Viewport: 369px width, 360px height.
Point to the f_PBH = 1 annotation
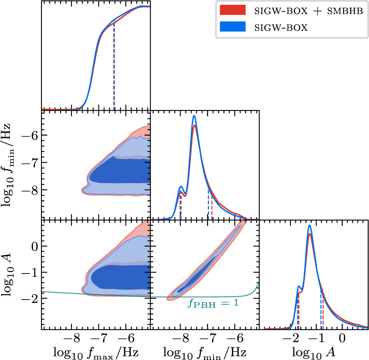[x=213, y=303]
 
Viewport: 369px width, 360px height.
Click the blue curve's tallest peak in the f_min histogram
[x=194, y=116]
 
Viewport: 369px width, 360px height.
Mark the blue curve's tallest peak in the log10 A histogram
[x=310, y=226]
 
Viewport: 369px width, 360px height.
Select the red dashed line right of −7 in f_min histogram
[x=212, y=206]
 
